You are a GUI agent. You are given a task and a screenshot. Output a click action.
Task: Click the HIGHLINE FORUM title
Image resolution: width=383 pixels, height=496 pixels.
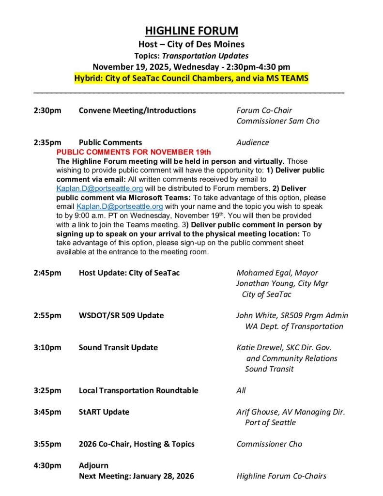pyautogui.click(x=192, y=31)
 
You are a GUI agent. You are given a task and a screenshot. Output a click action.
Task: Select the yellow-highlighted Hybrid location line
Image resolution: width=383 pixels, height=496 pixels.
pyautogui.click(x=191, y=78)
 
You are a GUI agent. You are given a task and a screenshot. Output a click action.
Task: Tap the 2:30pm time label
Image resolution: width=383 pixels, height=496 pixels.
pyautogui.click(x=47, y=110)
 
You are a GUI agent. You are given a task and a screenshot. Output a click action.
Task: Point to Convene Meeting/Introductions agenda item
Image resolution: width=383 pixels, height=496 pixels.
pyautogui.click(x=137, y=110)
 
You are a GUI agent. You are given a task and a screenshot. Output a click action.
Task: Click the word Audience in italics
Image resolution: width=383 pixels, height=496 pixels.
pyautogui.click(x=252, y=142)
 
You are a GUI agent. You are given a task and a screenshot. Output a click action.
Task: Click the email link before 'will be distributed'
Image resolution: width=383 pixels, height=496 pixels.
pyautogui.click(x=99, y=188)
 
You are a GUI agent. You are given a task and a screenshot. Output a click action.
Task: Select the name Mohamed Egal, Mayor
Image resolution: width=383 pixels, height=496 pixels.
pyautogui.click(x=277, y=273)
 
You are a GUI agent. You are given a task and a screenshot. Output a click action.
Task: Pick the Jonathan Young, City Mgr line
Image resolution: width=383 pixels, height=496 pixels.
pyautogui.click(x=282, y=283)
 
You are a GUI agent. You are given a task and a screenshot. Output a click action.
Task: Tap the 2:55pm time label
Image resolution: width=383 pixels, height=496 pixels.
pyautogui.click(x=47, y=315)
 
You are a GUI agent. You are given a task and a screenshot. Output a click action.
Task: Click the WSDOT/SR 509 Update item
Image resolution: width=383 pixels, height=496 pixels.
pyautogui.click(x=121, y=315)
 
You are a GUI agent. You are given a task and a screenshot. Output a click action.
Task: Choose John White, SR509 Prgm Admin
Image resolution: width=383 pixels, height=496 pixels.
pyautogui.click(x=292, y=315)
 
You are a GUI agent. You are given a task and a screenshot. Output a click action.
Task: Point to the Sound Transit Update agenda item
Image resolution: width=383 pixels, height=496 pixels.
pyautogui.click(x=118, y=347)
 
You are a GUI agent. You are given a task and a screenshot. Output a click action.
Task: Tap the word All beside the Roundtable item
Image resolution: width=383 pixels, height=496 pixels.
pyautogui.click(x=241, y=390)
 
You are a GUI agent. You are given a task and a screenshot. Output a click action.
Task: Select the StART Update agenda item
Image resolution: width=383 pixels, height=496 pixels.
pyautogui.click(x=104, y=412)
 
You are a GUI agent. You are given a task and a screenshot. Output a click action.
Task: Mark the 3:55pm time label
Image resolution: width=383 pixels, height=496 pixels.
pyautogui.click(x=47, y=444)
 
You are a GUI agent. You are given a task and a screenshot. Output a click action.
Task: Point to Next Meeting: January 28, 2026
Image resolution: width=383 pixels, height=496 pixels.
pyautogui.click(x=136, y=476)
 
